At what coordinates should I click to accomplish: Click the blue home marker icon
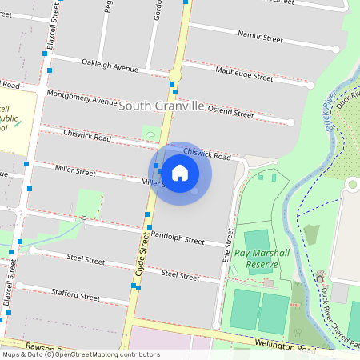coord(180,173)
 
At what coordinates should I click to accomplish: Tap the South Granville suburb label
coord(162,106)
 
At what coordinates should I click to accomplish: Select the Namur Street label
coord(261,37)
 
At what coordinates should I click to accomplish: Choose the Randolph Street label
coord(178,238)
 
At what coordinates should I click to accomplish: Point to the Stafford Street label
coord(75,295)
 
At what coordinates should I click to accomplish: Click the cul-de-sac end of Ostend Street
coord(290,122)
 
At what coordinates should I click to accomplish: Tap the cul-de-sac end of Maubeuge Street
coord(313,83)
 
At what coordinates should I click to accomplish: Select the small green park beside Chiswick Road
coord(150,133)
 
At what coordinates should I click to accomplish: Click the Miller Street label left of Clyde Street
coord(75,170)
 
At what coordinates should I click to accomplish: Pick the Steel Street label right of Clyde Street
coord(179,274)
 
